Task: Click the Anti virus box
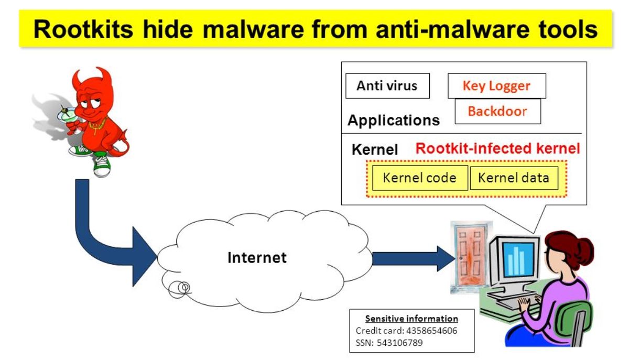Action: pyautogui.click(x=387, y=86)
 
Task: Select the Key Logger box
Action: pyautogui.click(x=496, y=86)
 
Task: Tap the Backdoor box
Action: pyautogui.click(x=497, y=111)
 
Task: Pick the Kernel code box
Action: pyautogui.click(x=419, y=178)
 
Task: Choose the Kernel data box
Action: pyautogui.click(x=513, y=178)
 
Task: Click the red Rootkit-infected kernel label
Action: pyautogui.click(x=497, y=148)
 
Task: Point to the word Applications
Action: pyautogui.click(x=393, y=121)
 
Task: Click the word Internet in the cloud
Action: pyautogui.click(x=257, y=258)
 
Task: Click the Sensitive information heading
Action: pyautogui.click(x=411, y=319)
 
